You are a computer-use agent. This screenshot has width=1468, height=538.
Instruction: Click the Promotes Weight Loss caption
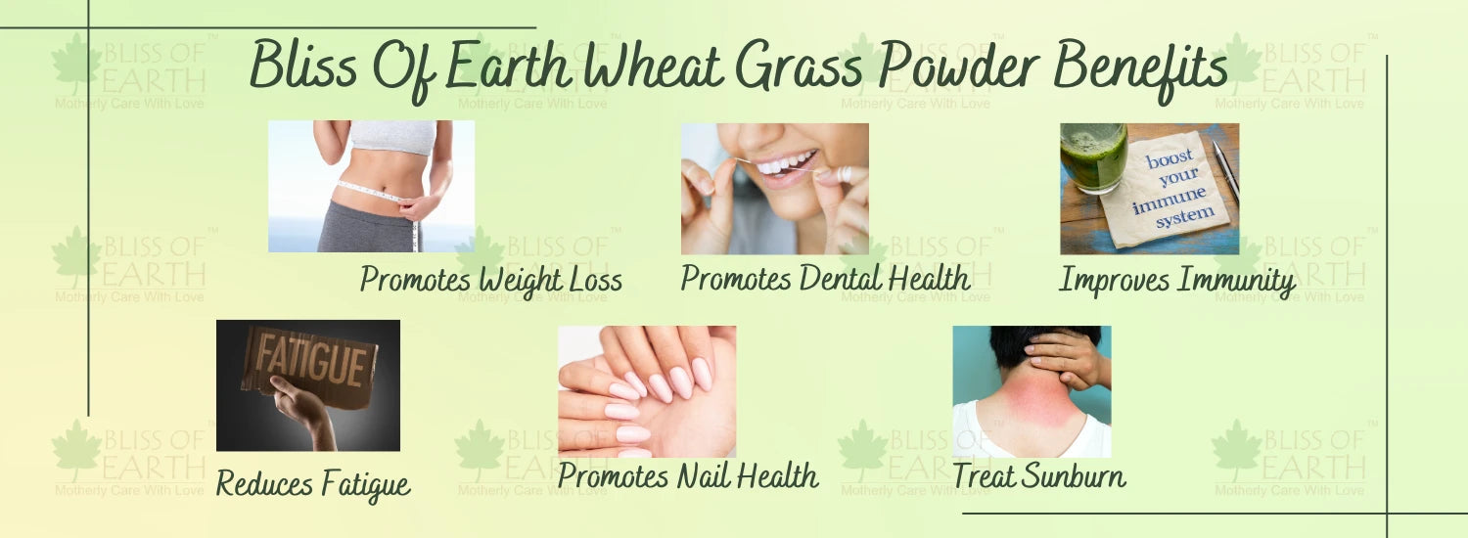[x=491, y=280]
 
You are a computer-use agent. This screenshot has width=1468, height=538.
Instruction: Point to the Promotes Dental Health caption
[x=825, y=278]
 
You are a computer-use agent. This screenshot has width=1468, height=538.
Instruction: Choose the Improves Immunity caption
[x=1177, y=281]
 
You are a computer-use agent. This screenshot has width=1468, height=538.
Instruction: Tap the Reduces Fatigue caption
[x=313, y=485]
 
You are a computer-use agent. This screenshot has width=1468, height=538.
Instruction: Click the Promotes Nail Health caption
[x=687, y=475]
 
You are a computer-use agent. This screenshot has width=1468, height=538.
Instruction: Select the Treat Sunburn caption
[x=1038, y=475]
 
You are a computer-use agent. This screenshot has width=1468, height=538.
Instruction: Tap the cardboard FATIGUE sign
[x=310, y=366]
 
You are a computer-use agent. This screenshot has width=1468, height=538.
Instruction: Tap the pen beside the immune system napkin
[x=1224, y=170]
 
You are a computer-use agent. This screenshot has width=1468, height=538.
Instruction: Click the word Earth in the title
[x=508, y=67]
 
